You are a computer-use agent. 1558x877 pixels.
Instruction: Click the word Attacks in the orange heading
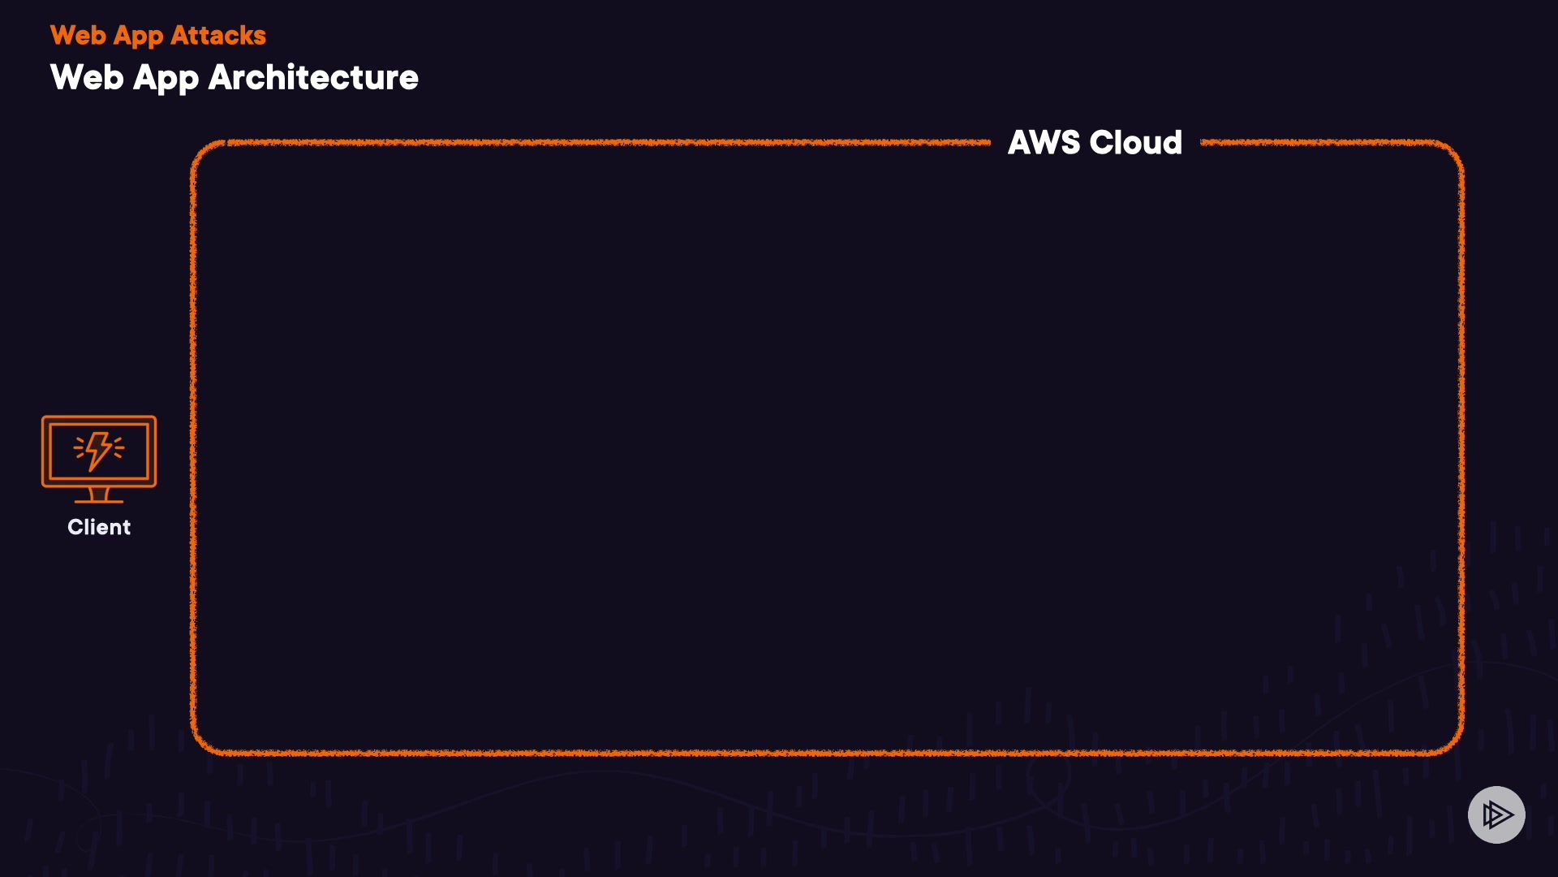(218, 36)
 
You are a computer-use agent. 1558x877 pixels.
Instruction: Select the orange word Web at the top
(78, 36)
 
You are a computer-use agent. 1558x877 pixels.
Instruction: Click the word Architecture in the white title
(313, 78)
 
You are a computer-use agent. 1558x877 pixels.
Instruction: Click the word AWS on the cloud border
(1044, 143)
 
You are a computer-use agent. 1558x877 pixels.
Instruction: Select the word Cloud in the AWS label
(1135, 143)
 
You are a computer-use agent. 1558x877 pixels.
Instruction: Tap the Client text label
(99, 527)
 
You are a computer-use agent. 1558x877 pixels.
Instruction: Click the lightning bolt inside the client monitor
(99, 450)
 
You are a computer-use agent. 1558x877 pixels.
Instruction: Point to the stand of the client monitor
(99, 495)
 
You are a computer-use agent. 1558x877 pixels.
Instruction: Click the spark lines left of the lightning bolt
(80, 447)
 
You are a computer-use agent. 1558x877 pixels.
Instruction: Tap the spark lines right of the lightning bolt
(118, 447)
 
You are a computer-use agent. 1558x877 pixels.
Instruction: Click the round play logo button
(1496, 814)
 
